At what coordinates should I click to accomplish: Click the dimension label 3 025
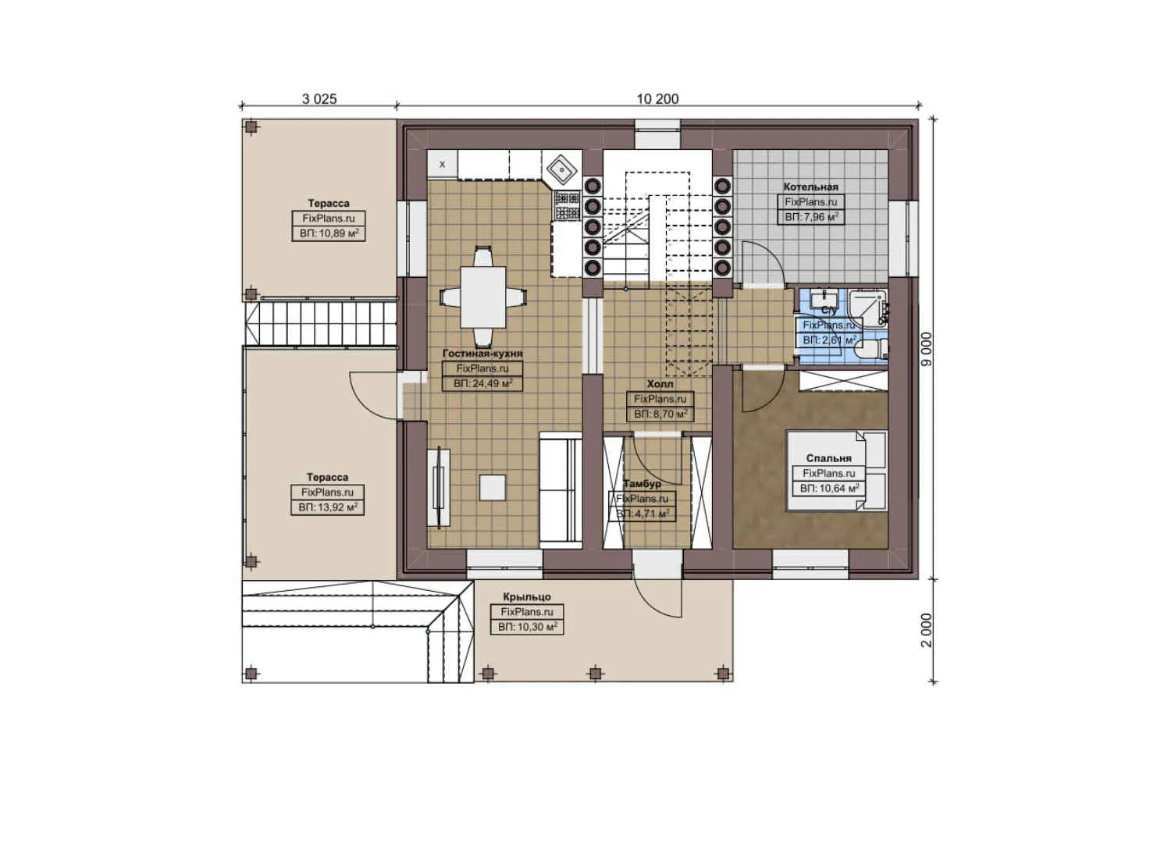[x=319, y=99]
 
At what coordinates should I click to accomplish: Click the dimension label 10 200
[x=657, y=99]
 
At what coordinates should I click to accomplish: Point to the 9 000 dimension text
[x=926, y=349]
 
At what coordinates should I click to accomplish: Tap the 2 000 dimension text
[x=926, y=630]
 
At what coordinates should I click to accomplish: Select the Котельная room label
[x=810, y=187]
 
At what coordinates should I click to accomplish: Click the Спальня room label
[x=828, y=458]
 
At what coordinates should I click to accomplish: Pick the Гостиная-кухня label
[x=482, y=354]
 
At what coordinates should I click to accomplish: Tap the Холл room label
[x=660, y=384]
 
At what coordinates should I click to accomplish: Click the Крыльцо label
[x=526, y=597]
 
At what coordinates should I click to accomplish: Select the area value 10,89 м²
[x=329, y=233]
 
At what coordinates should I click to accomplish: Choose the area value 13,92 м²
[x=328, y=507]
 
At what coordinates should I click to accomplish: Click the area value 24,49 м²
[x=482, y=383]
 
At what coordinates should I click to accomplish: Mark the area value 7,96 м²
[x=811, y=217]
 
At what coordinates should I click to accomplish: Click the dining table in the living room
[x=482, y=297]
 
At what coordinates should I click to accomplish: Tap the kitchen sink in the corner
[x=562, y=168]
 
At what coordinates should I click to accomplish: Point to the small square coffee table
[x=492, y=488]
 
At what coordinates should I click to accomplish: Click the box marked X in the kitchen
[x=443, y=164]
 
